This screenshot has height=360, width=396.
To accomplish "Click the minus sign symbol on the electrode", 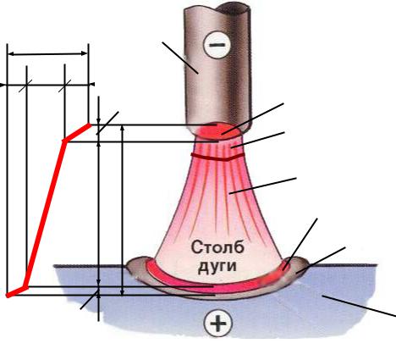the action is (217, 45).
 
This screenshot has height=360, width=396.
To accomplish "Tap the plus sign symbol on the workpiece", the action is (218, 323).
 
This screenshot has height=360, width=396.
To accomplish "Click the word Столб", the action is (217, 247).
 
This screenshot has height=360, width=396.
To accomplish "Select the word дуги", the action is (217, 266).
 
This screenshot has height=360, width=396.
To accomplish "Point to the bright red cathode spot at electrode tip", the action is (218, 131).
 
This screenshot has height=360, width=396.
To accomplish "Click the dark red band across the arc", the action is (217, 157).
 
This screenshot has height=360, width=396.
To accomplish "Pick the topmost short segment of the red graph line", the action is (77, 132).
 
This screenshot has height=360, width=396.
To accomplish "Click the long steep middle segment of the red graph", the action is (46, 213).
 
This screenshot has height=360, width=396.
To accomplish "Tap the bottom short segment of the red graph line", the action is (17, 291).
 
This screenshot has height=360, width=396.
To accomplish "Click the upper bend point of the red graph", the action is (65, 141).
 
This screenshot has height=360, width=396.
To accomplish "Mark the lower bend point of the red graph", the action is (26, 287).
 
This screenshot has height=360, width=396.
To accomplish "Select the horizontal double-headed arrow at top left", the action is (47, 53).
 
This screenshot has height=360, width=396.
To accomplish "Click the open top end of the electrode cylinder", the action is (217, 8).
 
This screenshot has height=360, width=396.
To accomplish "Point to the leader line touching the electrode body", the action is (180, 58).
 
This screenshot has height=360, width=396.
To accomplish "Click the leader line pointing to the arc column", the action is (262, 186).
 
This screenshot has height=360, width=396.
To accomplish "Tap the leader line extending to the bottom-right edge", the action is (359, 306).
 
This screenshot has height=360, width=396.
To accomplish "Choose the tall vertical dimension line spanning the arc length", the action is (122, 210).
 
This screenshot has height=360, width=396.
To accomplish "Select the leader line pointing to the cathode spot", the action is (252, 119).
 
